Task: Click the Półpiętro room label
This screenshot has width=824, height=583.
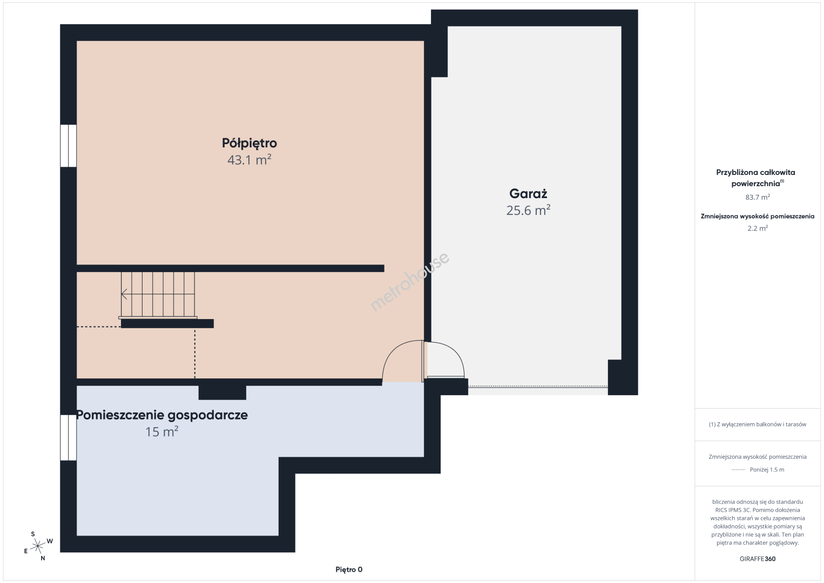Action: pos(249,143)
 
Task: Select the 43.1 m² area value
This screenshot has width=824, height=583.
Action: pos(249,160)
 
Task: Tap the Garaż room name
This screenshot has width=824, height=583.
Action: pos(528,193)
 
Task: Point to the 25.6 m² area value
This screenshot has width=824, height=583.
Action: pos(528,210)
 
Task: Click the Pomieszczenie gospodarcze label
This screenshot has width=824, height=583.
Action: pos(162,415)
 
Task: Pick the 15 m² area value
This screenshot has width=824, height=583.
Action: pos(162,431)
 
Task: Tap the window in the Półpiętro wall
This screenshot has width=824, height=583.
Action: pos(69,146)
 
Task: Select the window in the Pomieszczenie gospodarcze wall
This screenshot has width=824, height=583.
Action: pos(69,438)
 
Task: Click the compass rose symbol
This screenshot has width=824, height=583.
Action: pos(38,546)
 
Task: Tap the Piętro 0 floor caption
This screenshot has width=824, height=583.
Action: pos(349,570)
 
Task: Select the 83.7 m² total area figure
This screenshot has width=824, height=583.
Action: pos(758,197)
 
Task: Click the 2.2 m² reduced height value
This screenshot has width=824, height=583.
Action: pos(758,228)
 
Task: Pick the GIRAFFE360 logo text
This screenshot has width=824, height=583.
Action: pos(758,559)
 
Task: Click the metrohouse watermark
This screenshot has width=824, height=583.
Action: pos(409,282)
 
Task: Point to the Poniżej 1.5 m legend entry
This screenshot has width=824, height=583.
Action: pos(767,470)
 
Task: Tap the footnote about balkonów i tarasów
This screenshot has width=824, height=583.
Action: pos(758,424)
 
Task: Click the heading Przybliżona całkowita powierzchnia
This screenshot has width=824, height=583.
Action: pos(755,178)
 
